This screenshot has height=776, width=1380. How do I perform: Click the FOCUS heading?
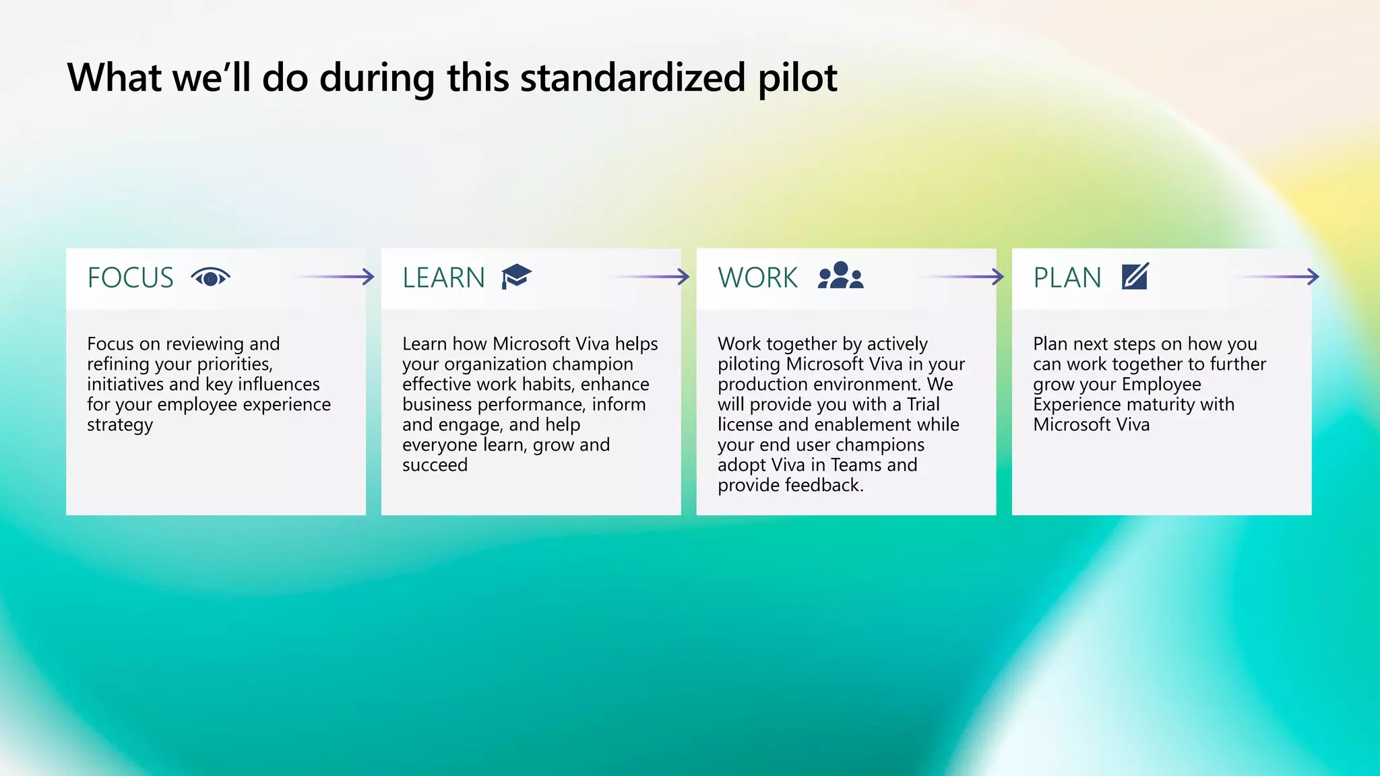pos(130,278)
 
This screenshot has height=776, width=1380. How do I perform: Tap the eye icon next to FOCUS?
pos(210,277)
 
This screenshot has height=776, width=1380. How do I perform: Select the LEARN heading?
pos(443,278)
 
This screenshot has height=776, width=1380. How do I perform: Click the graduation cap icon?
pos(516,276)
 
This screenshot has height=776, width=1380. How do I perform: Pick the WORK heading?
pos(757,278)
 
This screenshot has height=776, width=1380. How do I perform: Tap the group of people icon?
pos(840,276)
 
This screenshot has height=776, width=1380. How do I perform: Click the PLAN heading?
pos(1067,278)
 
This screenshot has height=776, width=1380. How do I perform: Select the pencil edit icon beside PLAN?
pos(1135,276)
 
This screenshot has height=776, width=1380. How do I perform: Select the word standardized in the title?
pos(632,77)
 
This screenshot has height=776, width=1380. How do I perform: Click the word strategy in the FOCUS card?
pos(120,425)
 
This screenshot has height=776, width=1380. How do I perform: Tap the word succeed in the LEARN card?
pos(435,465)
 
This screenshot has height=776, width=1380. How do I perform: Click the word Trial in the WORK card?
pos(922,404)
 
